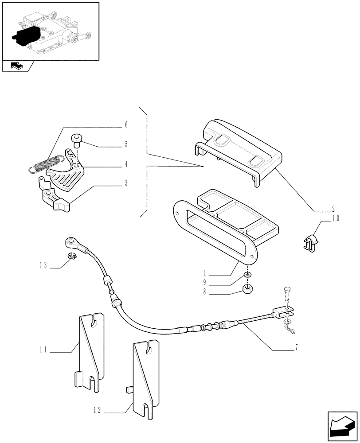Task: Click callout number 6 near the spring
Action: (126, 125)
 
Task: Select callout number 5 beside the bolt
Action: (126, 144)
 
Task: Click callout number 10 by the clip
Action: (335, 218)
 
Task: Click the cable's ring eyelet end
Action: (71, 242)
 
